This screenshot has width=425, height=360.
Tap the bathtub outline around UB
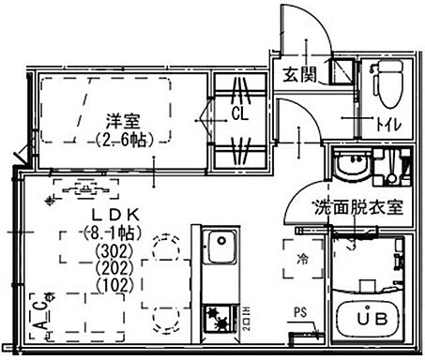pyautogui.click(x=369, y=319)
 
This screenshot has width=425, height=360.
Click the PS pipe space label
pyautogui.click(x=298, y=313)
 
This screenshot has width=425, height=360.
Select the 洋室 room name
pyautogui.click(x=121, y=120)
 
